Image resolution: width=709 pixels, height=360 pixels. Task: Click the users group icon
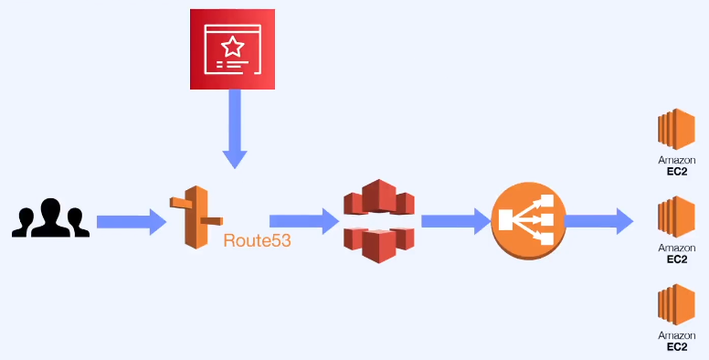coord(50,218)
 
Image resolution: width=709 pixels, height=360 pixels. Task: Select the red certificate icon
coord(233,49)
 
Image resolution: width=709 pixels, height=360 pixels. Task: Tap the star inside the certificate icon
coord(233,45)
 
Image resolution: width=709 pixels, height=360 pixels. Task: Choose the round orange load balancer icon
coord(527,220)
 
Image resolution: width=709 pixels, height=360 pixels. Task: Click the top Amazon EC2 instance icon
coord(677,131)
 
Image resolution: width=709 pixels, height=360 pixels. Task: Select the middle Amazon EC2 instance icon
coord(677,218)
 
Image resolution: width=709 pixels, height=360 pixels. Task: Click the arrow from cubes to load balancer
coord(455,220)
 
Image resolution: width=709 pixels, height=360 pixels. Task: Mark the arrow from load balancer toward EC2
coord(599,220)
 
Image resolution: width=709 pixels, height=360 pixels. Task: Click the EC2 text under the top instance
coord(677,171)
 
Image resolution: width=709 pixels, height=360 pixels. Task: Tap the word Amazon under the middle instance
coord(677,249)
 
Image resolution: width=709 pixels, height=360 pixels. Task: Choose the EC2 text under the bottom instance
coord(677,347)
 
